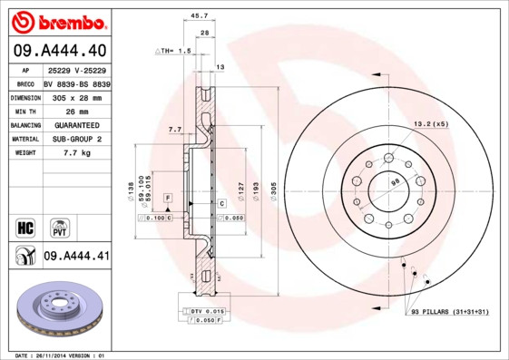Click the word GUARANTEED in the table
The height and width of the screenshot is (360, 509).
pos(76,124)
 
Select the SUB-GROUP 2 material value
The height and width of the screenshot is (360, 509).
pos(76,139)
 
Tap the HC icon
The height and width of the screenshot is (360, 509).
pos(25,227)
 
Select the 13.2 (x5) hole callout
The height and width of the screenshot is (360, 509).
pos(431,123)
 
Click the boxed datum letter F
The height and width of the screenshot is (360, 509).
pos(168,197)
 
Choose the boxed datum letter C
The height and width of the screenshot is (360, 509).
pos(220,204)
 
